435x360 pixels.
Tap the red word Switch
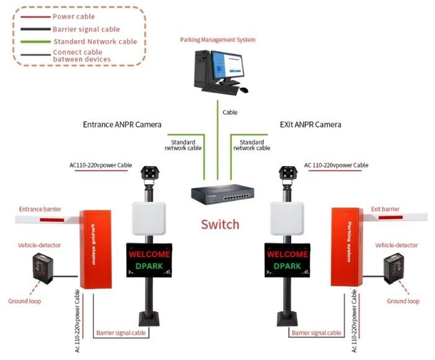pyautogui.click(x=220, y=224)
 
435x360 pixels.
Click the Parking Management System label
pyautogui.click(x=217, y=40)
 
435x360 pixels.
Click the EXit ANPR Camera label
pyautogui.click(x=310, y=125)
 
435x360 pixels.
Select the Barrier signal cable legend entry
pyautogui.click(x=86, y=29)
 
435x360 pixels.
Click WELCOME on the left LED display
pyautogui.click(x=149, y=254)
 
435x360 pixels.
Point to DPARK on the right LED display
pyautogui.click(x=288, y=266)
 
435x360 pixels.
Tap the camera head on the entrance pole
pyautogui.click(x=150, y=174)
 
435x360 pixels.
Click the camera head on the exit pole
pyautogui.click(x=288, y=174)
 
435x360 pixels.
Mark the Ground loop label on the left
pyautogui.click(x=24, y=301)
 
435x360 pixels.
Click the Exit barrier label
pyautogui.click(x=385, y=209)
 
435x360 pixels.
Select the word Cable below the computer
pyautogui.click(x=230, y=113)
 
